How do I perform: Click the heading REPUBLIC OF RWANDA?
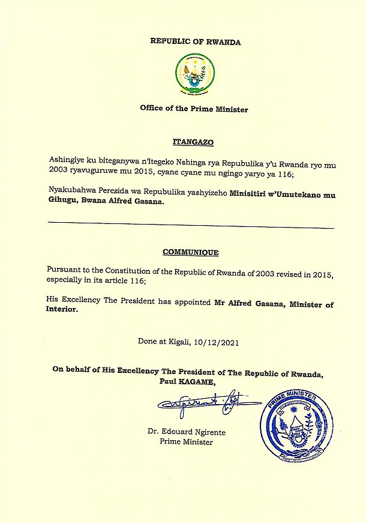pyautogui.click(x=195, y=42)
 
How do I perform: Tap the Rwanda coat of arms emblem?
pyautogui.click(x=194, y=74)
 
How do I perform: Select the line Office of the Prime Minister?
pyautogui.click(x=194, y=109)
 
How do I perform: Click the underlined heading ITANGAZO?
pyautogui.click(x=193, y=142)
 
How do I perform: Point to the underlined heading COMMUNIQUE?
pyautogui.click(x=190, y=252)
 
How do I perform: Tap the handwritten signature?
pyautogui.click(x=201, y=407)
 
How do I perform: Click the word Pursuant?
pyautogui.click(x=64, y=272)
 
